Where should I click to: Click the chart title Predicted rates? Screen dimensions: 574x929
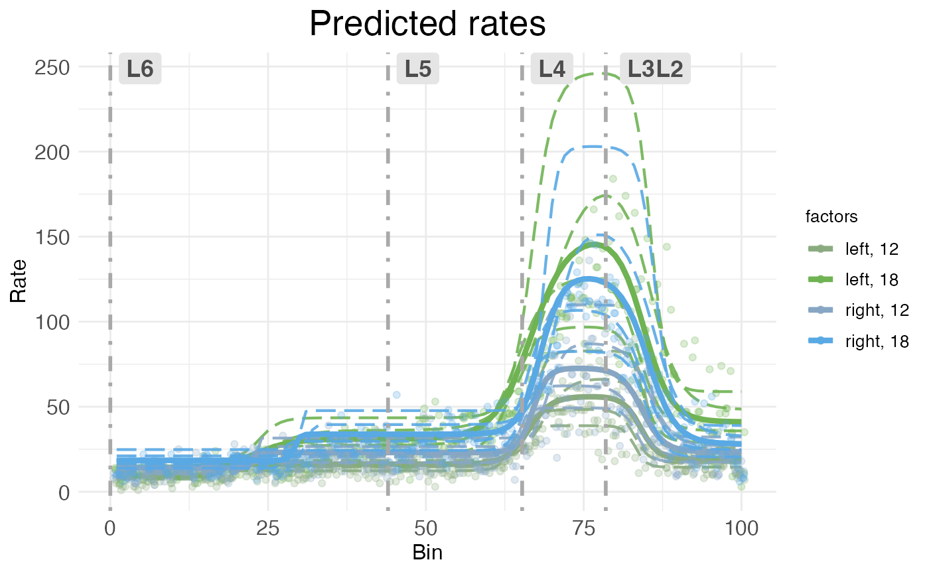click(x=427, y=25)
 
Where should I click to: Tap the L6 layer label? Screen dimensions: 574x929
click(x=140, y=69)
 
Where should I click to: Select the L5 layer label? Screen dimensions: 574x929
click(x=418, y=69)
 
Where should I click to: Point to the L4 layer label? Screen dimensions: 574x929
click(x=552, y=69)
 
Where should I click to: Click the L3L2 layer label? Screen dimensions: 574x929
click(x=655, y=69)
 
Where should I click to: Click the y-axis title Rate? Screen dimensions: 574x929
click(x=19, y=280)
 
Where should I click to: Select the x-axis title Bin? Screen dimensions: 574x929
click(x=427, y=552)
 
